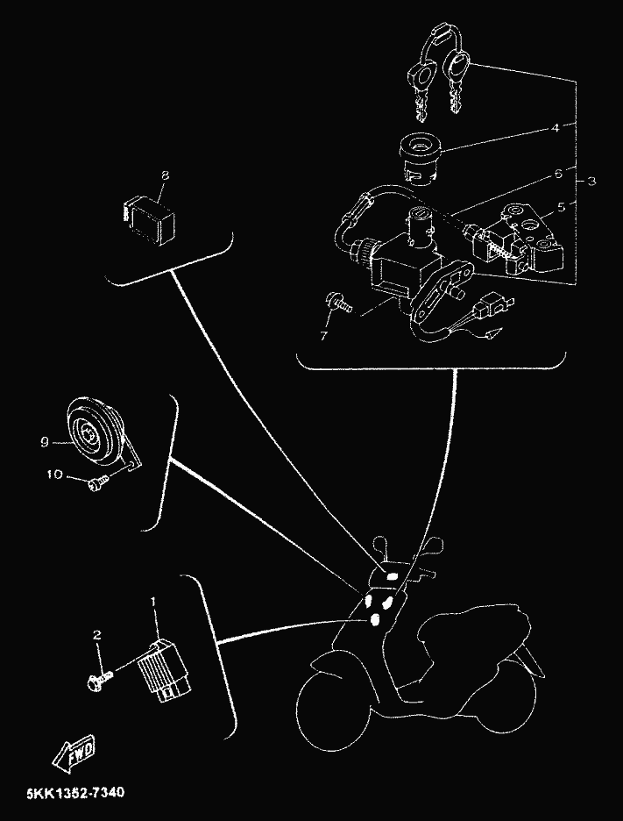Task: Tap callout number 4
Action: pos(554,128)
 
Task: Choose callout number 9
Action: pos(43,443)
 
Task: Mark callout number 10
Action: pos(54,475)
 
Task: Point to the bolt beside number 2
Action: pos(97,680)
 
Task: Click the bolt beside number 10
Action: pos(96,482)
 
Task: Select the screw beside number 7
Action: pos(339,304)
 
